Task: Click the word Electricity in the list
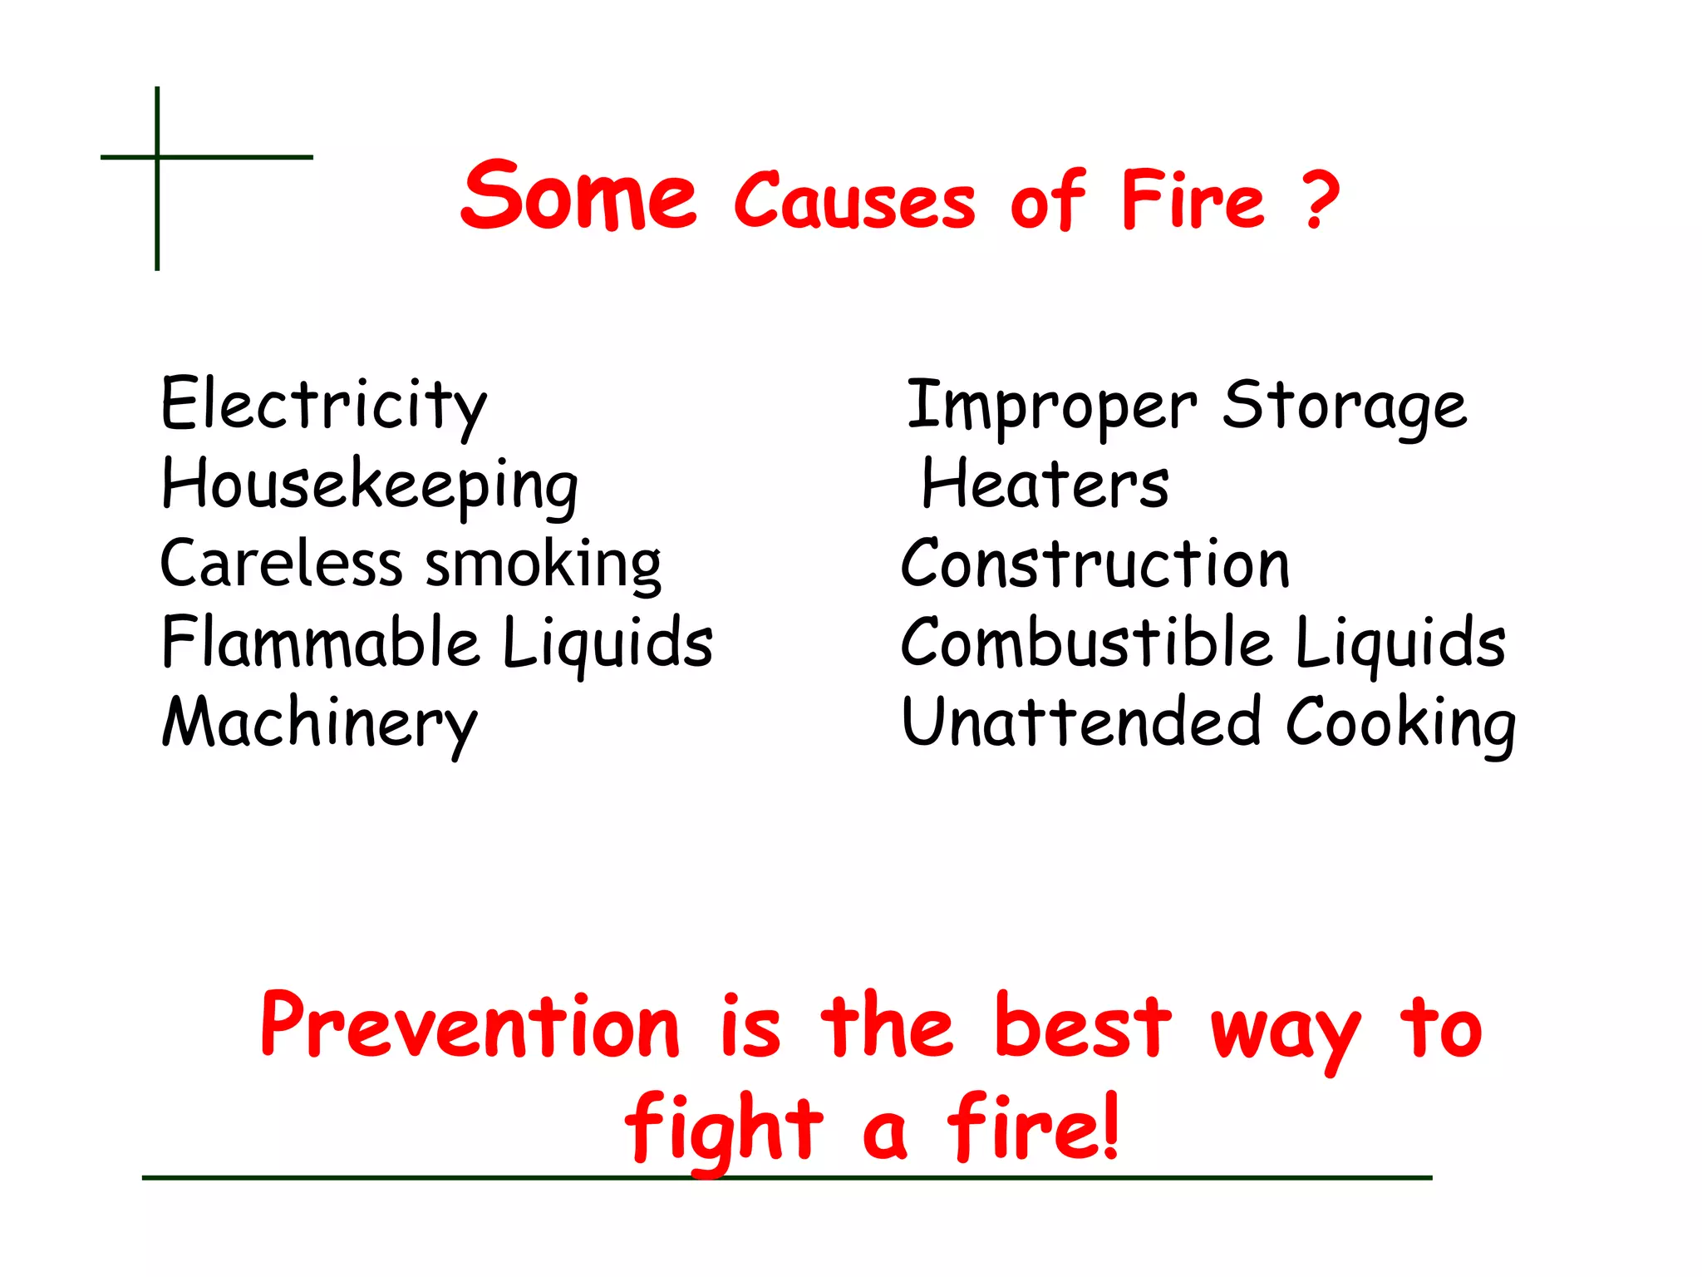pos(323,405)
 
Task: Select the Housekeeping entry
pos(370,485)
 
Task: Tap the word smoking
pos(544,564)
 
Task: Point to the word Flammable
pos(321,642)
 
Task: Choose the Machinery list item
pos(319,722)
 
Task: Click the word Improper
pos(1051,406)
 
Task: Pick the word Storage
pos(1344,406)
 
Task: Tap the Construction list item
pos(1095,564)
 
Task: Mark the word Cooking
pos(1400,722)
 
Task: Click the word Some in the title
pos(578,196)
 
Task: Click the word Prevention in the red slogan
pos(470,1028)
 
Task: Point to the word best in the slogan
pos(1082,1028)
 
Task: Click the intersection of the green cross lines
pos(157,156)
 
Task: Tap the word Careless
pos(281,564)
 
